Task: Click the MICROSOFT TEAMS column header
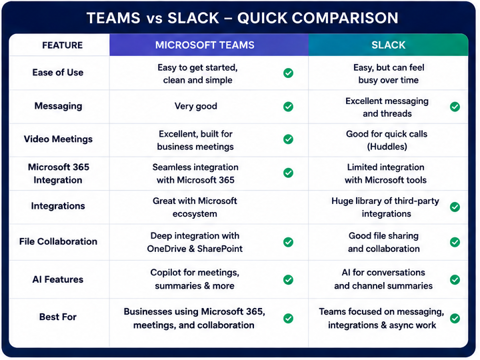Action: tap(205, 45)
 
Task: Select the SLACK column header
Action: tap(388, 45)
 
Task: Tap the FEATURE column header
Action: tap(63, 45)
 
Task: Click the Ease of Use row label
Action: tap(58, 73)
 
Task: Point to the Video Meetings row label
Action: tap(58, 139)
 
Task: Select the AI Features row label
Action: tap(58, 279)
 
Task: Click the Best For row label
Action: tap(58, 317)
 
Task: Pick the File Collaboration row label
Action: tap(58, 241)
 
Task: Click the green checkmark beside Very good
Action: tap(288, 107)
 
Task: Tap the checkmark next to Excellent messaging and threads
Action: tap(455, 107)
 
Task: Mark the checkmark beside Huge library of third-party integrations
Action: tap(455, 207)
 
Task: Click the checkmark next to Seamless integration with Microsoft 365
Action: tap(288, 173)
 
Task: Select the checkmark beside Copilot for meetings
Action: tap(288, 279)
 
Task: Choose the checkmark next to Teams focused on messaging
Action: tap(455, 319)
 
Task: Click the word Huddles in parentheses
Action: tap(387, 147)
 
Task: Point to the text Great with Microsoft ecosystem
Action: tap(195, 207)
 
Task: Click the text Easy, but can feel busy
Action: tap(389, 74)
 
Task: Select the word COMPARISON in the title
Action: tap(345, 18)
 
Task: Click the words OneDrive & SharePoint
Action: tap(195, 249)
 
